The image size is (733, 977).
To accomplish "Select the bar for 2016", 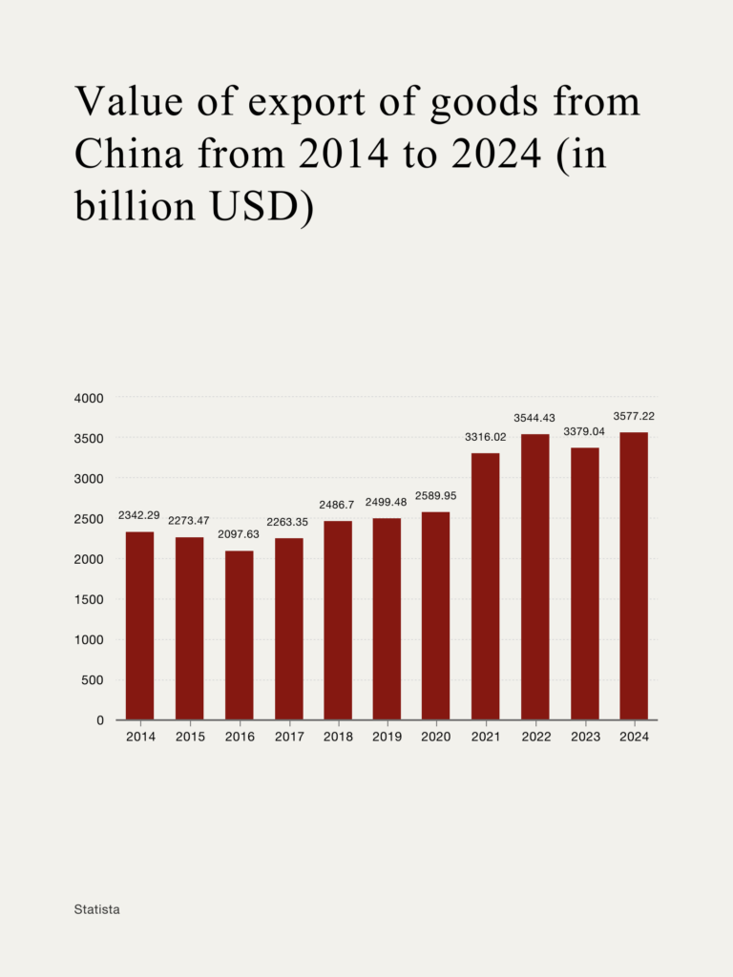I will pos(240,635).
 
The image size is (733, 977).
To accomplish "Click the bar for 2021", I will pos(485,587).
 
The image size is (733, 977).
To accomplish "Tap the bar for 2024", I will pos(634,576).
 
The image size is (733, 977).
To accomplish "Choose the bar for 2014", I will pos(140,626).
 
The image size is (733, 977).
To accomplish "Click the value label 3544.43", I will pos(534,418).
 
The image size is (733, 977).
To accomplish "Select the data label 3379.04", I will pos(584,431).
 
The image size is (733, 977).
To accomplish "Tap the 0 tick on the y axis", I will pos(99,720).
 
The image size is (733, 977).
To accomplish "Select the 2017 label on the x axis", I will pos(288,738).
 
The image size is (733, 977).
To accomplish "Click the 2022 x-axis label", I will pos(534,738).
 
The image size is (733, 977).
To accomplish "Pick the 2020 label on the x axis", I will pos(436,738).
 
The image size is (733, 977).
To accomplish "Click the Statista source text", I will pos(97,909).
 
